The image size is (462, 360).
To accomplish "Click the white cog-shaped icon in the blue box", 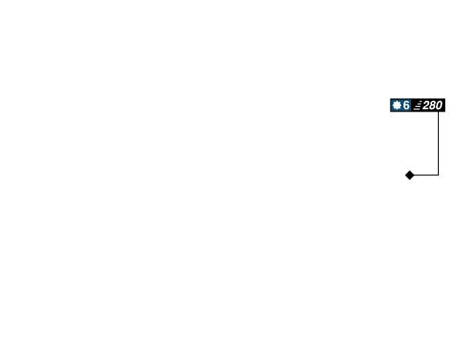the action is pos(397,105).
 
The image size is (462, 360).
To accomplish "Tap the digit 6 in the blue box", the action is pos(406,105).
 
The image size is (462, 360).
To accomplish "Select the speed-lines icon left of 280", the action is pos(417,105).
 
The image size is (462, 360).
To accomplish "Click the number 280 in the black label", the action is pos(432,105).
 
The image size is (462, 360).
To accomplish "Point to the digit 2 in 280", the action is pos(426,105).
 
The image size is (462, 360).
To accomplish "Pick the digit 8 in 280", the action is pos(433,105).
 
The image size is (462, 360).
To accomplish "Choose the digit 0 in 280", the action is pos(439,105).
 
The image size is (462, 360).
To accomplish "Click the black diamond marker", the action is pos(410,175).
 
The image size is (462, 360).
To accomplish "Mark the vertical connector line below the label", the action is pos(438,143).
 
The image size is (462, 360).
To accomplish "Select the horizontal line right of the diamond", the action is pos(427,175).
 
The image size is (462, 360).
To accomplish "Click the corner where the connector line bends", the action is pos(438,175).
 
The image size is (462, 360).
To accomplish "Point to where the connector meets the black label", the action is pos(438,112).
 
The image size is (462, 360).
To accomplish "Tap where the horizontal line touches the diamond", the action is pos(414,175).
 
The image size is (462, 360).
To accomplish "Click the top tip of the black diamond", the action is pos(410,171).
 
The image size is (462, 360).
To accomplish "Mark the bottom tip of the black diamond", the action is pos(410,180).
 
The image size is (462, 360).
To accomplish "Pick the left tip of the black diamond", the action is pos(405,175).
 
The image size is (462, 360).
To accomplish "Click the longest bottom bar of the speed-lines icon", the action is pos(417,109).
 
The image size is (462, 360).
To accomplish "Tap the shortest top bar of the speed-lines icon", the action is pos(420,102).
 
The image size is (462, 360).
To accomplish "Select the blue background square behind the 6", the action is pos(400,105).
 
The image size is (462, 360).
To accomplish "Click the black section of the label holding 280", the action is pos(428,105).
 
